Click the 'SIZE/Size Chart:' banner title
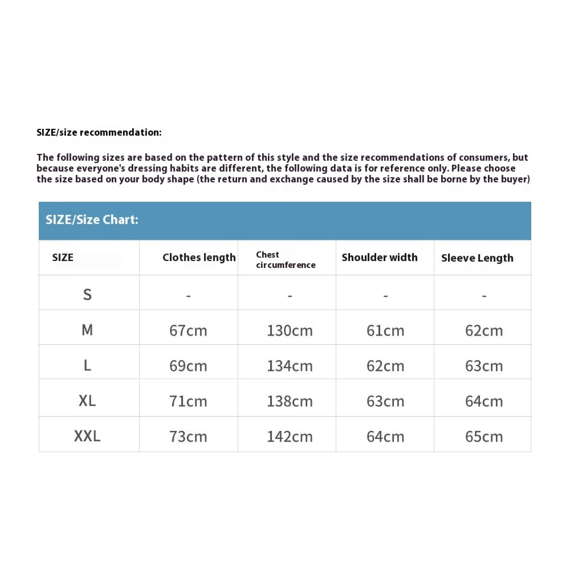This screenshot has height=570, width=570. pos(92,220)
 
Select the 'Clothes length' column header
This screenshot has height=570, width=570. pos(199,258)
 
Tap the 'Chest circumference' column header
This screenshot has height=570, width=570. pos(286,260)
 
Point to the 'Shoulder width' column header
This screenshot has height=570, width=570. pos(379,258)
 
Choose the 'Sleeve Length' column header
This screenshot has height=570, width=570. pos(477,258)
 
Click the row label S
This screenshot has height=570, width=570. pos(87,294)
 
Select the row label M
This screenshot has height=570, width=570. pos(87,330)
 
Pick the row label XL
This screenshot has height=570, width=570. pos(87,401)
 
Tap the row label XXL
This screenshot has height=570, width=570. pos(87,436)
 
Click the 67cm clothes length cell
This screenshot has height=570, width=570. pos(188,331)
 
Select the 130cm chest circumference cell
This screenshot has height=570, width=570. pos(290,331)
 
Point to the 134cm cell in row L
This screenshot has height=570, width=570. pos(290,366)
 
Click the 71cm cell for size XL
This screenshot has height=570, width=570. pos(188,401)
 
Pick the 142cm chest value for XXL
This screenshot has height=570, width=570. pos(290,437)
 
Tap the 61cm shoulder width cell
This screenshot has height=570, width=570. pos(385,331)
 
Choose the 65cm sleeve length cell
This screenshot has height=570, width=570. pos(484,437)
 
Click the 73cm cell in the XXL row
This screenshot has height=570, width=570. pos(188,437)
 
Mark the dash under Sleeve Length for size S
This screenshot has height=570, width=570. pos(484,295)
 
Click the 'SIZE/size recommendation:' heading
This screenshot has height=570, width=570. pos(99,132)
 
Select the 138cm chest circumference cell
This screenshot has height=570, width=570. pos(290,401)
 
